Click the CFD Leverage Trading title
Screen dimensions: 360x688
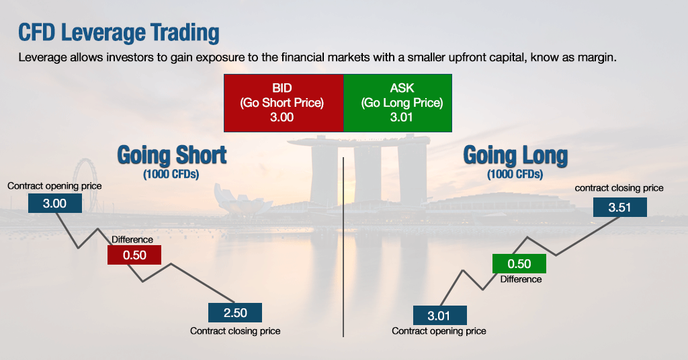118,33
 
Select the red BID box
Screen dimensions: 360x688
284,103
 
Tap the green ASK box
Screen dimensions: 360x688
397,103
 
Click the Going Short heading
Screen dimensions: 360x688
172,155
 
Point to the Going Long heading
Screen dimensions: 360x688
515,155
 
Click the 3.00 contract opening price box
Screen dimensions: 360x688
55,203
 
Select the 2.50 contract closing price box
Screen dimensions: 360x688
234,313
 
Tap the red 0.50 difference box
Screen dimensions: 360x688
135,255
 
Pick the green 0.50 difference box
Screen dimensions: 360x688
519,264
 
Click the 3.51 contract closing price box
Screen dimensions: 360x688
619,207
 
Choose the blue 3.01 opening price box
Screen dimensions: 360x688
439,315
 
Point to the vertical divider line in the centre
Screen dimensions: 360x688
343,249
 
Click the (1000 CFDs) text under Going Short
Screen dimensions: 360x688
172,175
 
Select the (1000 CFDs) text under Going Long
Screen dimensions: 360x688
515,175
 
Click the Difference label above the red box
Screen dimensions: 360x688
132,240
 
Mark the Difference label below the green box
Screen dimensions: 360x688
521,279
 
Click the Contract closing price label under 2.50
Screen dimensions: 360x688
235,331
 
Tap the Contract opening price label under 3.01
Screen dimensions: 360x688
439,331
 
